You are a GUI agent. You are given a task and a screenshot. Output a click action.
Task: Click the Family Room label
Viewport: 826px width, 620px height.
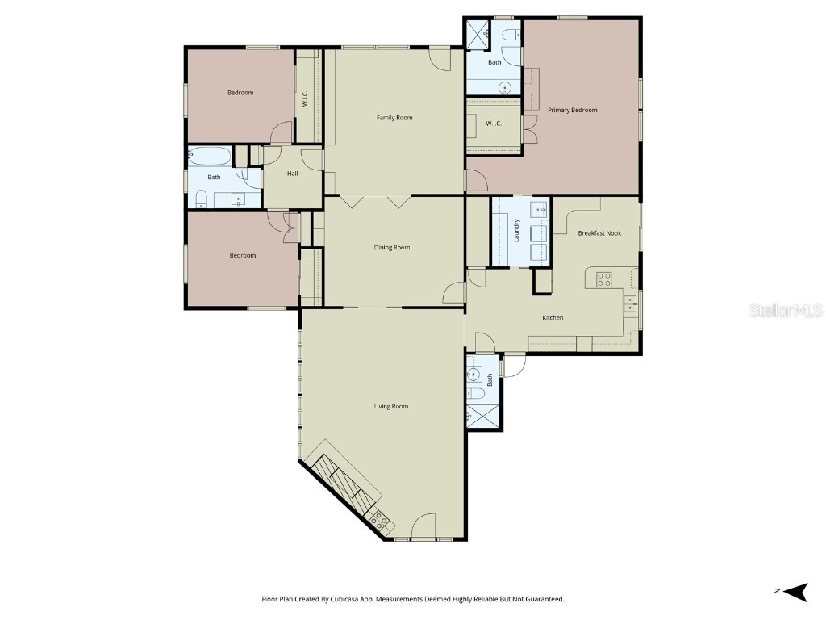point(394,118)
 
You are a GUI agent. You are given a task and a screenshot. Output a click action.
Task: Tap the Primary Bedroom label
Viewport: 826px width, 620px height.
point(572,110)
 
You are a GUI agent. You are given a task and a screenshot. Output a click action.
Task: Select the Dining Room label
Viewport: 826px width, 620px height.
point(391,247)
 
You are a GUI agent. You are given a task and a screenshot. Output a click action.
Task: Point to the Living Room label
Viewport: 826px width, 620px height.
point(391,407)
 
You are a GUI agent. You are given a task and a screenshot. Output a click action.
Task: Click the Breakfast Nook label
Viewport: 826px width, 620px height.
point(599,233)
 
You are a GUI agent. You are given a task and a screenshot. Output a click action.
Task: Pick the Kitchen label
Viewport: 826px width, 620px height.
point(553,317)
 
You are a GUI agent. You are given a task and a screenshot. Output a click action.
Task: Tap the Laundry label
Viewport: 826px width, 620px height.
point(517,230)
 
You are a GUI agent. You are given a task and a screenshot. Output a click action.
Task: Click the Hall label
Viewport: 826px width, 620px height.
point(292,174)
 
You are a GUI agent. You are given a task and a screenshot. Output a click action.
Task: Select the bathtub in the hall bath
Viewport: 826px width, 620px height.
point(210,156)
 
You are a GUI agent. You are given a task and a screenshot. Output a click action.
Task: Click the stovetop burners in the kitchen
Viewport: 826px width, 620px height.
point(603,279)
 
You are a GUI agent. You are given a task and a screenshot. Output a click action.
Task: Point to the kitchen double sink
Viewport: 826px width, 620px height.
point(630,304)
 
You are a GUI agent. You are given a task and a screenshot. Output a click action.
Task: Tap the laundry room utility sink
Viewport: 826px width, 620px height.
point(538,209)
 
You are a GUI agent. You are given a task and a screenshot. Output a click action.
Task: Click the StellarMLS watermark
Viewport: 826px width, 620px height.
point(786,310)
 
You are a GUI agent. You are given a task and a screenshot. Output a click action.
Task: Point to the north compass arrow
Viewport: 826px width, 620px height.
point(795,592)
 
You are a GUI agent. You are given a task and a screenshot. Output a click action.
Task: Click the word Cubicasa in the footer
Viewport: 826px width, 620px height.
point(344,599)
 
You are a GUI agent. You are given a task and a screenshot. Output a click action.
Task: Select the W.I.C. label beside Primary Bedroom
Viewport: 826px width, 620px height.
point(494,124)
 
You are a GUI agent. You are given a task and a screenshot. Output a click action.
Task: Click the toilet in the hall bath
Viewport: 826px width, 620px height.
point(201,199)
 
